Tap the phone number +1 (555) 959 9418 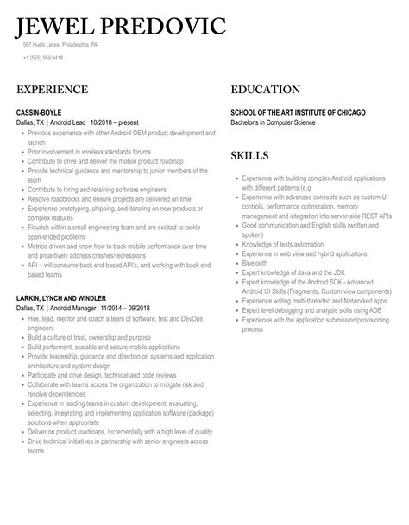43,58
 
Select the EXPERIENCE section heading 52,90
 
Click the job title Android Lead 68,122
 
